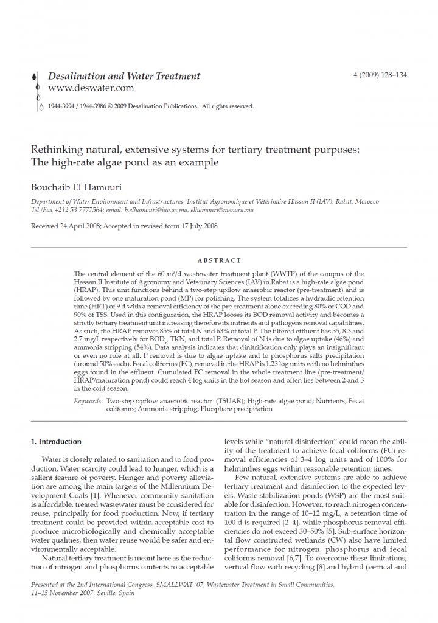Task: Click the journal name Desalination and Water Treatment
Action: [x=123, y=76]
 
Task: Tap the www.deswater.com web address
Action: [x=91, y=88]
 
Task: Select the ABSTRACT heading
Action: [x=219, y=260]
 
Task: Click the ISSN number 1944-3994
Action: [x=61, y=106]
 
